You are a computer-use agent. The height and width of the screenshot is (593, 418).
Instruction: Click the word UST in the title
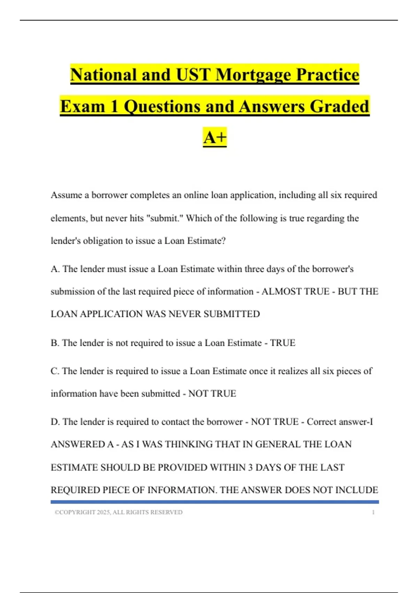pos(193,75)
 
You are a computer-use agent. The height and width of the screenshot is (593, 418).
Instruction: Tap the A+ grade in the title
pos(215,137)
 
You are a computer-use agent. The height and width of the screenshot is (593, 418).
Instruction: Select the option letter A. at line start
pos(55,269)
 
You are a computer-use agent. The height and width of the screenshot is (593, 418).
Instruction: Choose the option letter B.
pos(55,343)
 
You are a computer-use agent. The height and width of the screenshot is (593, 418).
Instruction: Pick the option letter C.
pos(55,371)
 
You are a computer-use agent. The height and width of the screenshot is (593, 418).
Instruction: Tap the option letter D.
pos(55,422)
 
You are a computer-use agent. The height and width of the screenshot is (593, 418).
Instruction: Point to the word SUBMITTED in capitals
pos(232,314)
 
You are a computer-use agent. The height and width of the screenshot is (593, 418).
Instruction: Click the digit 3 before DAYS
pos(250,467)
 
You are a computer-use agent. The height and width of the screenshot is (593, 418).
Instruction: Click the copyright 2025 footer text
pos(118,512)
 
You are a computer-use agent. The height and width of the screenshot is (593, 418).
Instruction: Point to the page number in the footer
pos(373,512)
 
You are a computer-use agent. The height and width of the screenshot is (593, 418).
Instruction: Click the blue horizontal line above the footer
pos(215,502)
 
